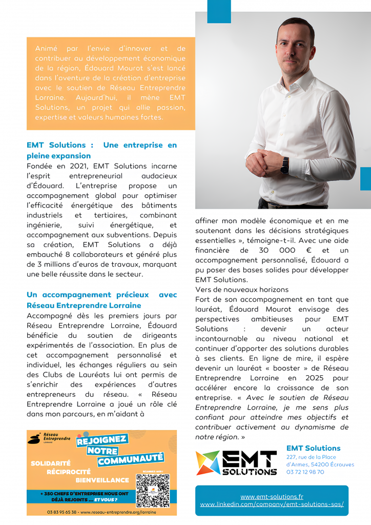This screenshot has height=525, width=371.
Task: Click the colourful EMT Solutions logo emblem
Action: click(208, 462)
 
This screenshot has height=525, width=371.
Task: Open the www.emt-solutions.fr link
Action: click(272, 496)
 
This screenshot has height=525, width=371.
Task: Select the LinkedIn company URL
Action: click(272, 504)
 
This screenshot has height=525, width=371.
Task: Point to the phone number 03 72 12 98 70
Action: click(305, 472)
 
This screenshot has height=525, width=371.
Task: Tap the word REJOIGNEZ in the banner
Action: click(102, 440)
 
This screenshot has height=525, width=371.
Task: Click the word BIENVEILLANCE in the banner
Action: click(102, 480)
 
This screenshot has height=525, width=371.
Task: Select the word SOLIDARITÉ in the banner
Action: click(50, 463)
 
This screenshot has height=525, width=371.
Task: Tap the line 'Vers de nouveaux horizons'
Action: click(242, 290)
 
